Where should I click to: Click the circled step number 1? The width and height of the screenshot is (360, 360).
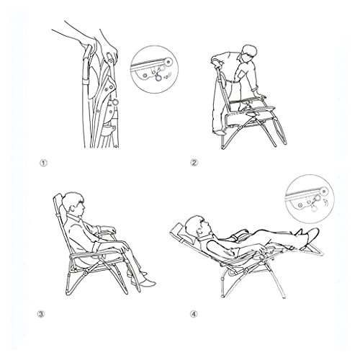click(x=43, y=163)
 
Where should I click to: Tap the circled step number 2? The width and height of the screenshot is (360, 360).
click(x=194, y=163)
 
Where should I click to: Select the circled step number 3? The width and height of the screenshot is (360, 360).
click(x=41, y=314)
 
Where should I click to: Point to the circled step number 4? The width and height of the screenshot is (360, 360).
click(x=194, y=314)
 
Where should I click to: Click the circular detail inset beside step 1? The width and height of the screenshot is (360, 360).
click(x=154, y=70)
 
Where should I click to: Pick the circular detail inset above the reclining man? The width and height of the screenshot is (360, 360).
click(x=310, y=199)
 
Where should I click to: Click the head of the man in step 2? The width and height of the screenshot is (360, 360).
click(x=249, y=53)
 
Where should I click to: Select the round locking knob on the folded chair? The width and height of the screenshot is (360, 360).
click(x=115, y=102)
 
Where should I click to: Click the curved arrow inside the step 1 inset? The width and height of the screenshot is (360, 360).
click(x=166, y=76)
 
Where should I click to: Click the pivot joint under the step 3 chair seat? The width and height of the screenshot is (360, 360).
click(x=85, y=274)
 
